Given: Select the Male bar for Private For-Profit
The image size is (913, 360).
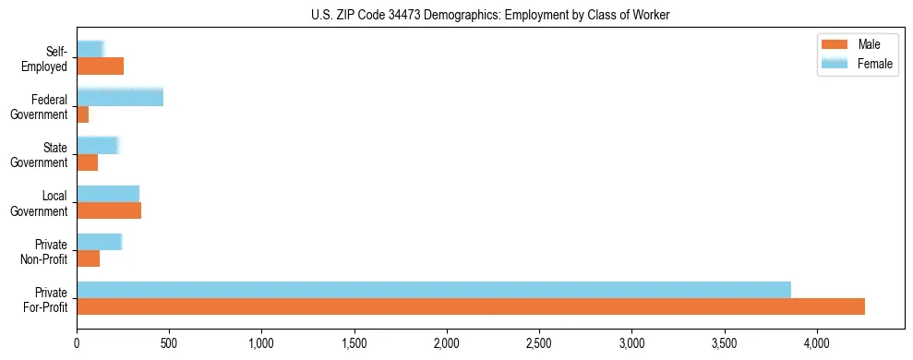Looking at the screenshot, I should (471, 306).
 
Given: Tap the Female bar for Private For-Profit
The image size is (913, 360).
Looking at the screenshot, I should (434, 289).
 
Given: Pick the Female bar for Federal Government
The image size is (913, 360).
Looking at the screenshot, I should (120, 97).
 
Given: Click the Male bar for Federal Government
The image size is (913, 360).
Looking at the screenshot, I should (83, 114).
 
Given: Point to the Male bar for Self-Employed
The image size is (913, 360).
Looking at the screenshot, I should (100, 66).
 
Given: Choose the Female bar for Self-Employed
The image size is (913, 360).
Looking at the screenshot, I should (90, 49).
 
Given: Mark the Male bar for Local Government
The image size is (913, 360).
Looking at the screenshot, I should (109, 210).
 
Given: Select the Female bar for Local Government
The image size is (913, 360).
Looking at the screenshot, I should (108, 193).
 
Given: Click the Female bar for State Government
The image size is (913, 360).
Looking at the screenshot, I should (97, 145).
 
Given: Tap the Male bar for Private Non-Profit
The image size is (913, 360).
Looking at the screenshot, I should (88, 258).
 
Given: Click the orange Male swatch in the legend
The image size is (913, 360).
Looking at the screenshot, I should (834, 45).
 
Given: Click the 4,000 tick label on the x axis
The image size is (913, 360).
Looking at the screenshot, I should (817, 343).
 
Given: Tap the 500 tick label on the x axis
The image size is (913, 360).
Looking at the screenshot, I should (169, 343).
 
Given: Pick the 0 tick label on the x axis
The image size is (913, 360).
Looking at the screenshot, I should (77, 343).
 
